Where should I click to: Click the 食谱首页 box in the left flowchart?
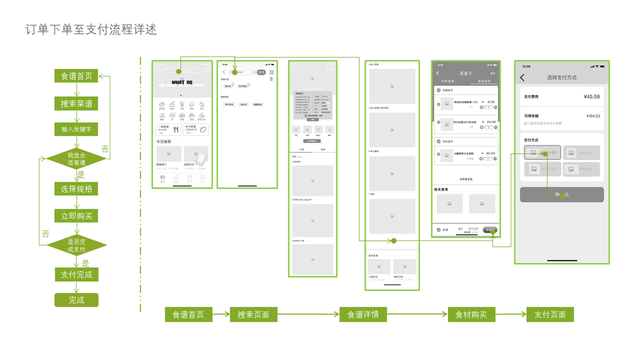(76, 76)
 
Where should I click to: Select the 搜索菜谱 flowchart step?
(76, 104)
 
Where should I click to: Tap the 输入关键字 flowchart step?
(76, 129)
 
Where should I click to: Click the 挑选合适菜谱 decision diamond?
(77, 159)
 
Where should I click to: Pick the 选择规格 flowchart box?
(76, 189)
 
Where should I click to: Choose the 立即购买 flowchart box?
(76, 216)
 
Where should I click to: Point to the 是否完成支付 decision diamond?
(77, 245)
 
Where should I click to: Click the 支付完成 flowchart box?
(76, 275)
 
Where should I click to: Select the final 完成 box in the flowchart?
(76, 300)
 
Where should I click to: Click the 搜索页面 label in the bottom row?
(253, 314)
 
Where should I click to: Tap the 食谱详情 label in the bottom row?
(363, 314)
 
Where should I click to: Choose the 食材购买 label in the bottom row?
(471, 314)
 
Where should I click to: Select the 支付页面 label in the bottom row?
(550, 314)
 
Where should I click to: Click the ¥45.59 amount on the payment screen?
(591, 97)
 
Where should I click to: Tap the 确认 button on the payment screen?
(562, 194)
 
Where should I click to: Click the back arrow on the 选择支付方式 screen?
(522, 78)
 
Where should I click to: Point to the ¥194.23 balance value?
(593, 116)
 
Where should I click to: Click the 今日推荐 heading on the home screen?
(164, 142)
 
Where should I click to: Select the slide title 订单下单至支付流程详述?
(91, 29)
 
